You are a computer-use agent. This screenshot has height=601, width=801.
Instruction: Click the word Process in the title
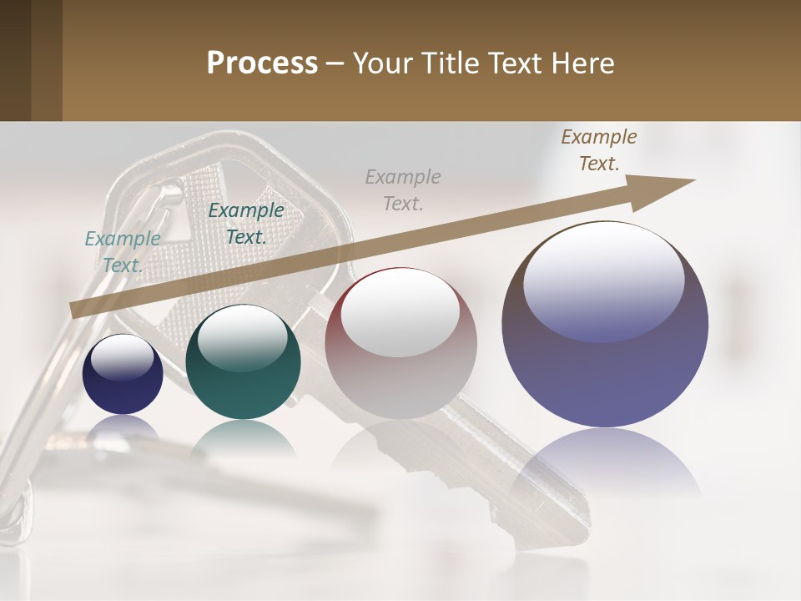(262, 63)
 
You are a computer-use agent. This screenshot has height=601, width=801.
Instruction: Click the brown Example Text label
(598, 150)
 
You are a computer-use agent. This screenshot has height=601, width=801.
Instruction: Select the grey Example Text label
(403, 189)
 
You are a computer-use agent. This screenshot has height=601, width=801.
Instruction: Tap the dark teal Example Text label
(246, 224)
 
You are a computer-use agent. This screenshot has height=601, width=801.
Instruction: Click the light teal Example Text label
(123, 251)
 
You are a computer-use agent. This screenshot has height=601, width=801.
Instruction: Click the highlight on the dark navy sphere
(122, 357)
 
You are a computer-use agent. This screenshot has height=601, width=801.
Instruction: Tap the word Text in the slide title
(516, 63)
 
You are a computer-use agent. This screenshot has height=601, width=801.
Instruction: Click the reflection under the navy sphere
(123, 427)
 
